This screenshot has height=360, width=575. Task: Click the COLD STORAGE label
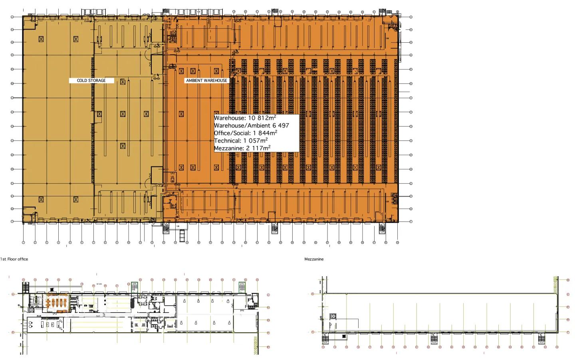coord(91,81)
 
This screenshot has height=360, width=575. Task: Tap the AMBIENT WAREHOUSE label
coord(206,81)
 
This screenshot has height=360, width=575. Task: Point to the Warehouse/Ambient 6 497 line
coord(252,126)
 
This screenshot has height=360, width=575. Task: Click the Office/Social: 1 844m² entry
coord(246,133)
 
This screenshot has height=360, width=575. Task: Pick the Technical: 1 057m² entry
coord(241,140)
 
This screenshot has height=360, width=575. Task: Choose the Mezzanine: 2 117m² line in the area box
coord(242,148)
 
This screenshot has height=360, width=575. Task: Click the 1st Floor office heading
coord(14,259)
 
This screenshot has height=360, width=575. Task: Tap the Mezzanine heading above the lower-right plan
coord(314,259)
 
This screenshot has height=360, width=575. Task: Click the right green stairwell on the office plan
coord(242,287)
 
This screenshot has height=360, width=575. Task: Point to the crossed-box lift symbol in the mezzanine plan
coord(333,316)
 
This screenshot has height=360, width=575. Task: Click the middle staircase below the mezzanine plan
coord(434,339)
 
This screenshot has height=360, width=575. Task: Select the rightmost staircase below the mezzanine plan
coord(541,339)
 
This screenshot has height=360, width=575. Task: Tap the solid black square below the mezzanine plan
coord(344,337)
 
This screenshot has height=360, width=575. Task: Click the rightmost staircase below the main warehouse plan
coord(382,228)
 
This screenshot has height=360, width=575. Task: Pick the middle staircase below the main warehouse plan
coord(274,228)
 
